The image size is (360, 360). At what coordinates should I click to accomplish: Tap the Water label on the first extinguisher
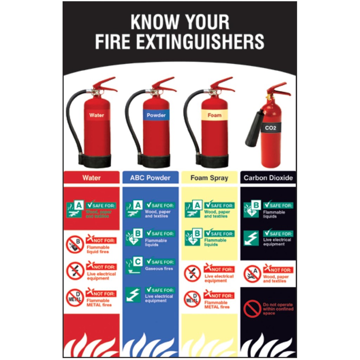point(97,115)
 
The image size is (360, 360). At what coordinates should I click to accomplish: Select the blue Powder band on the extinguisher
point(156,115)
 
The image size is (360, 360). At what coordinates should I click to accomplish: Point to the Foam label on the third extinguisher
point(214,115)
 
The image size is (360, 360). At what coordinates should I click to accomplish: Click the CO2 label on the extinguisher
point(271,128)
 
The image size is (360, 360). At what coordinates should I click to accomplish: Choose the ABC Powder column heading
point(150,178)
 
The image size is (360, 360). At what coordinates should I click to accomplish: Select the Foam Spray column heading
point(209,178)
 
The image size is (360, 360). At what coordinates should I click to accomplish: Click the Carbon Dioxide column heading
point(268,178)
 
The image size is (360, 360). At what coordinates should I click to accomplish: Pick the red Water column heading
point(91,178)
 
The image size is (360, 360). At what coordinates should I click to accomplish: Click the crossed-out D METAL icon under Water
point(75,297)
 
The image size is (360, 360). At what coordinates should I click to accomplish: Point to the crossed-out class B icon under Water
point(75,244)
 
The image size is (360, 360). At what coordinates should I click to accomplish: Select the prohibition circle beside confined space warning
point(252,309)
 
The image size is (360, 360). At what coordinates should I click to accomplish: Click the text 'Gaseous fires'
point(159,269)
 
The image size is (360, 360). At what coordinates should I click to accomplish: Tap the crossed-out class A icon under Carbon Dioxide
point(252,274)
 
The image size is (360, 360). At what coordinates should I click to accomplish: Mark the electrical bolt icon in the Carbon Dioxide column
point(251,238)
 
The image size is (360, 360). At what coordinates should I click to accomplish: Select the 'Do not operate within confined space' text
point(278,309)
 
